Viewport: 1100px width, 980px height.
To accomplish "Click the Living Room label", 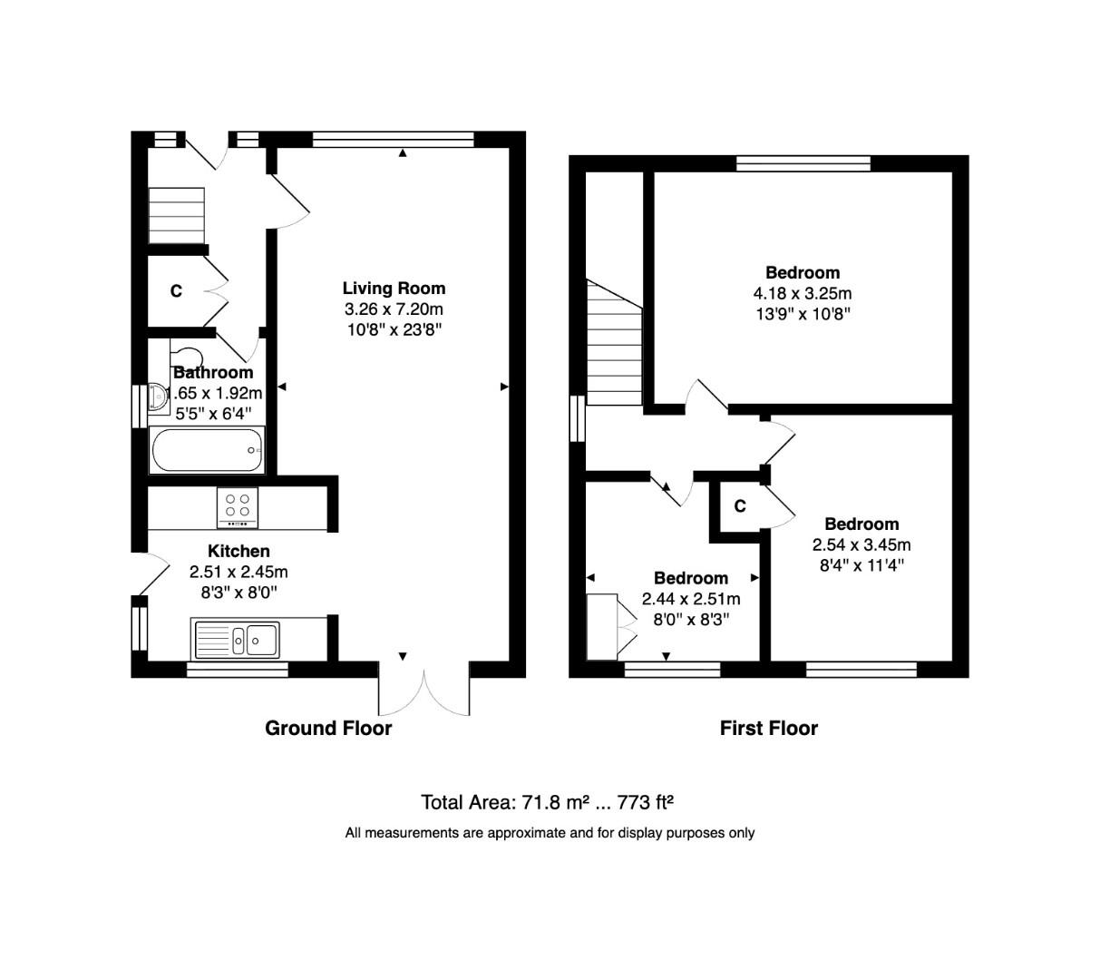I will click(x=394, y=289).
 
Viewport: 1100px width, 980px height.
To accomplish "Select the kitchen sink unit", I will click(x=236, y=639).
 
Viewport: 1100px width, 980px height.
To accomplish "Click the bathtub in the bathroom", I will click(x=207, y=450).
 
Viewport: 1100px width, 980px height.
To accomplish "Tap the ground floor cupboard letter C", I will click(x=176, y=291).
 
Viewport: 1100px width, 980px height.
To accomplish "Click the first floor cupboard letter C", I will click(x=740, y=506).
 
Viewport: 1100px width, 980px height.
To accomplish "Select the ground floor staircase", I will click(x=177, y=215).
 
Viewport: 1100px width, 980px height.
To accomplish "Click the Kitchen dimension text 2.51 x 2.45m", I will click(x=238, y=572).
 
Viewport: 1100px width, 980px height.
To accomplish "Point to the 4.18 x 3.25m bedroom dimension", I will click(x=802, y=293).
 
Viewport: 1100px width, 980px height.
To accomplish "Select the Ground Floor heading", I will click(x=328, y=728).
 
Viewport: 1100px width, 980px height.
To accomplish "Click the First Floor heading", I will click(x=768, y=728).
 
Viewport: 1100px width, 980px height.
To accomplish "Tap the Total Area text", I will click(x=548, y=802).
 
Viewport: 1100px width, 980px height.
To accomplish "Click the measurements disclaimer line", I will click(x=550, y=832).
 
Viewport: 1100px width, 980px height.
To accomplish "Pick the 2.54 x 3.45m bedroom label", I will click(x=862, y=524).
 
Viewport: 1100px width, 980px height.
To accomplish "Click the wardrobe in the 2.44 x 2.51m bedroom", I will click(x=603, y=626).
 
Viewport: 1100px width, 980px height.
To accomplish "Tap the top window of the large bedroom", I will click(x=803, y=163).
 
